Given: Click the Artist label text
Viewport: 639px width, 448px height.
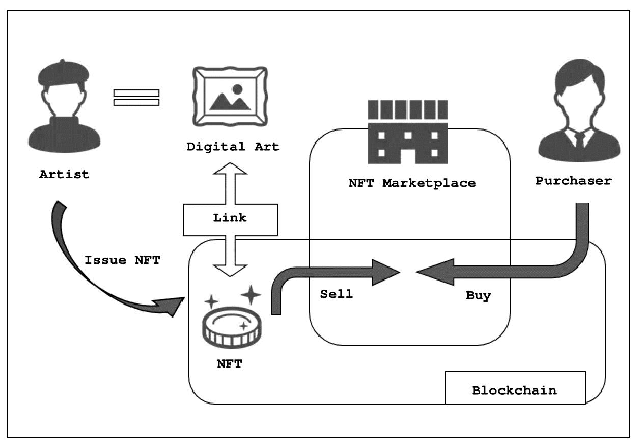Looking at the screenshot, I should pos(64,175).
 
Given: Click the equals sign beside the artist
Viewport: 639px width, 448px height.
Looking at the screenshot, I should pos(136,97).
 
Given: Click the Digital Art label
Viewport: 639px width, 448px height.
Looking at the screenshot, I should pos(233,147).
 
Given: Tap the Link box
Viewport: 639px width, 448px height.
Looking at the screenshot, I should pos(230,218).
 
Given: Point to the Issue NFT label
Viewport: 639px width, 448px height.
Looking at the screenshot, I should pos(122,260).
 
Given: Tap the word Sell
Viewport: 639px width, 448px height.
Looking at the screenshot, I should pos(336,294).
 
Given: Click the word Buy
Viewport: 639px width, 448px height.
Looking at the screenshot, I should pos(479,296).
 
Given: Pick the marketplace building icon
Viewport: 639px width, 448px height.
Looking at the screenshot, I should pos(408,132).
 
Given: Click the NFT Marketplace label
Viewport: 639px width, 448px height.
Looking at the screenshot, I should pos(412,183).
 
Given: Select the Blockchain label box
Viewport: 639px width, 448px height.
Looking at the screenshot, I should pos(515,390).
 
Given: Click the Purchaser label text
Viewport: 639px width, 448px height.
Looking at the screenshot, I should pos(573,181).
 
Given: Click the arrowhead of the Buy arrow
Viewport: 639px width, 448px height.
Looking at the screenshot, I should pos(430,272).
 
